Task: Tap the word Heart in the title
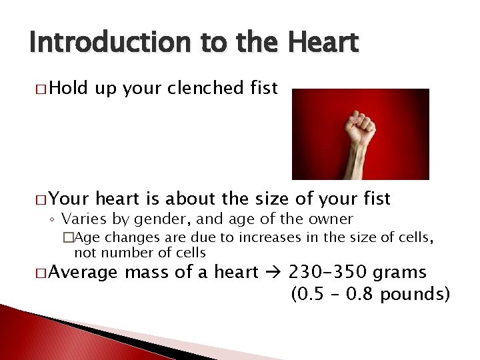click(x=324, y=43)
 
